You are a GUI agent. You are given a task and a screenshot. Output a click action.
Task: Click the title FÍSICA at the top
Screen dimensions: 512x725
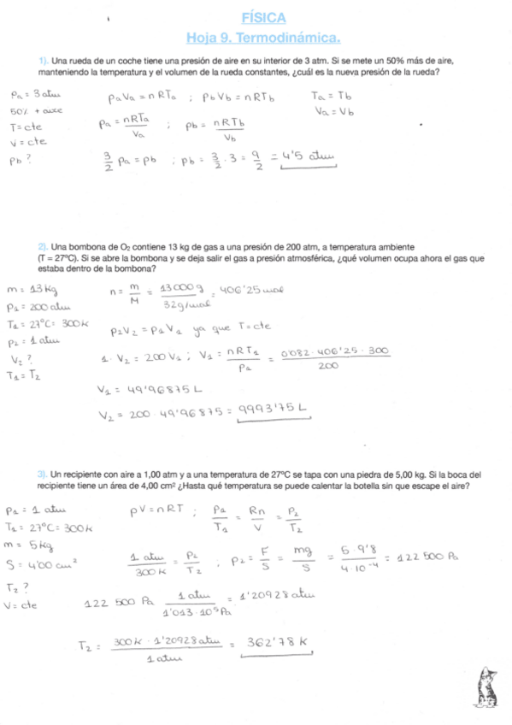(263, 18)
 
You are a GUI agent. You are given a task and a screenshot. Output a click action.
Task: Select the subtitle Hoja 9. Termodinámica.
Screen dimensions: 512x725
(263, 38)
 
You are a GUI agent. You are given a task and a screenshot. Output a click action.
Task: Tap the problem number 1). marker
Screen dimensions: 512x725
(44, 61)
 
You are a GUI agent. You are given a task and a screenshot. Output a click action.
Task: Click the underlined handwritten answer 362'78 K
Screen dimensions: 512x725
(275, 642)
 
